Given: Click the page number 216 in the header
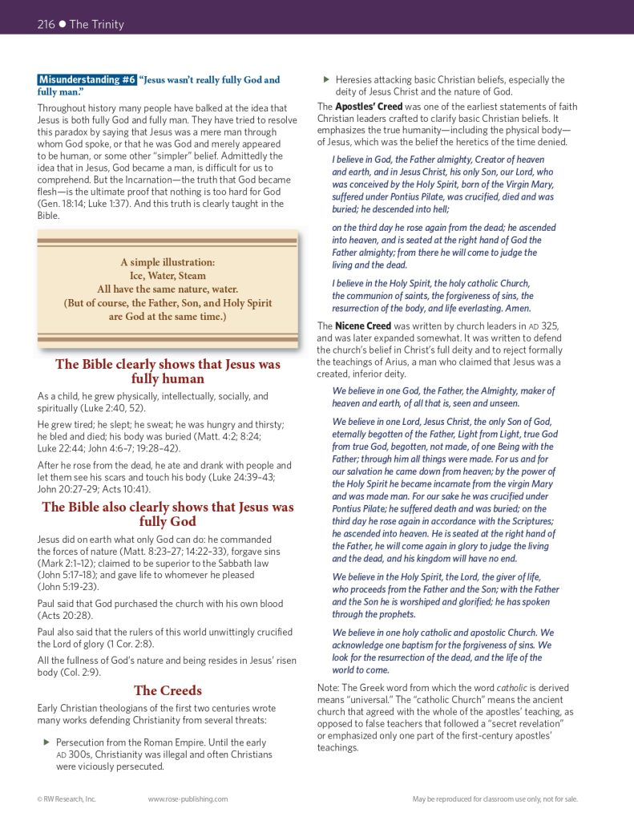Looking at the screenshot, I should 46,25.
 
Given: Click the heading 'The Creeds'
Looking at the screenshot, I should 168,690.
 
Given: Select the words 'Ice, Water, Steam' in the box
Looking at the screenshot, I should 168,275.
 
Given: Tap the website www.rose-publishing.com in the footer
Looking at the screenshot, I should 188,799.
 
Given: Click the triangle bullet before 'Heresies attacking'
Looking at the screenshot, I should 325,80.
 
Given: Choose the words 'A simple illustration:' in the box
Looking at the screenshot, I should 168,262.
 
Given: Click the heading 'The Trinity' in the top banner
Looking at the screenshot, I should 97,25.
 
